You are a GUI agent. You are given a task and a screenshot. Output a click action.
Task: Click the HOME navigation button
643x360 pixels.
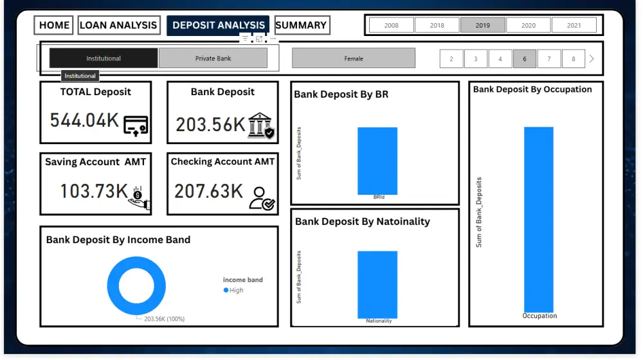[x=54, y=25]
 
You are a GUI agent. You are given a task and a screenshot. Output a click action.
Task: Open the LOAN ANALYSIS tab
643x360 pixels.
[x=118, y=25]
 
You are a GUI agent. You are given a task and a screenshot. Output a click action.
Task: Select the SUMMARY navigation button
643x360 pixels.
[x=302, y=25]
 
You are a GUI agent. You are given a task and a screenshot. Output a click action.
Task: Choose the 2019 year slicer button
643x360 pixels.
[x=482, y=25]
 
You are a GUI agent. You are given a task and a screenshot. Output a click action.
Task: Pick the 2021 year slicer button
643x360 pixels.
[x=574, y=25]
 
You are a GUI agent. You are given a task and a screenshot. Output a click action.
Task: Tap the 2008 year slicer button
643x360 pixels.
[x=391, y=25]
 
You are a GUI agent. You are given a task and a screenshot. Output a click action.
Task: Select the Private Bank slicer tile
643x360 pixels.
[x=213, y=58]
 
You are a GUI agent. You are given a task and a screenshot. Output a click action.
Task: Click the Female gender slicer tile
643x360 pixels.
[x=354, y=58]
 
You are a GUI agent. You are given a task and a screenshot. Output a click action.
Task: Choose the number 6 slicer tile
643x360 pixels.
[x=525, y=59]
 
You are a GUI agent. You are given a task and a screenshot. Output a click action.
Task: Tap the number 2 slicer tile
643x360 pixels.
[x=451, y=59]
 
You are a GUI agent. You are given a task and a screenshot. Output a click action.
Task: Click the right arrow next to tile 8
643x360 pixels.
[x=592, y=59]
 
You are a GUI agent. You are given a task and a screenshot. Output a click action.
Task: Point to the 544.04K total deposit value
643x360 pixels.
[x=84, y=120]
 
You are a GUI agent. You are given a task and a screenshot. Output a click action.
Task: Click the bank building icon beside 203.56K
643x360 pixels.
[x=261, y=125]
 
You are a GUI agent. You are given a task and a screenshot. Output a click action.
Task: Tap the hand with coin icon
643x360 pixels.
[x=138, y=197]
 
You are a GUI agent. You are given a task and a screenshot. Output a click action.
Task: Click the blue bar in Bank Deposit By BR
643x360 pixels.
[x=377, y=161]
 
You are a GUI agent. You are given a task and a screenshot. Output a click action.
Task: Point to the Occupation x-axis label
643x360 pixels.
[x=539, y=316]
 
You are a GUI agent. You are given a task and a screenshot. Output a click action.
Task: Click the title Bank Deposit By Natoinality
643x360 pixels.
[x=363, y=221]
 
